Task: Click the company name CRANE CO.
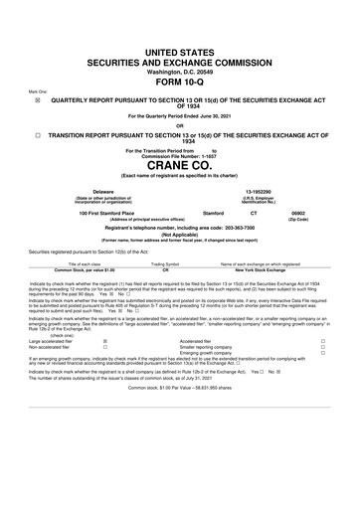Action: pos(180,164)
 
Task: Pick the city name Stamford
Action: pos(214,213)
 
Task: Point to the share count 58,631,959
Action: pos(224,415)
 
